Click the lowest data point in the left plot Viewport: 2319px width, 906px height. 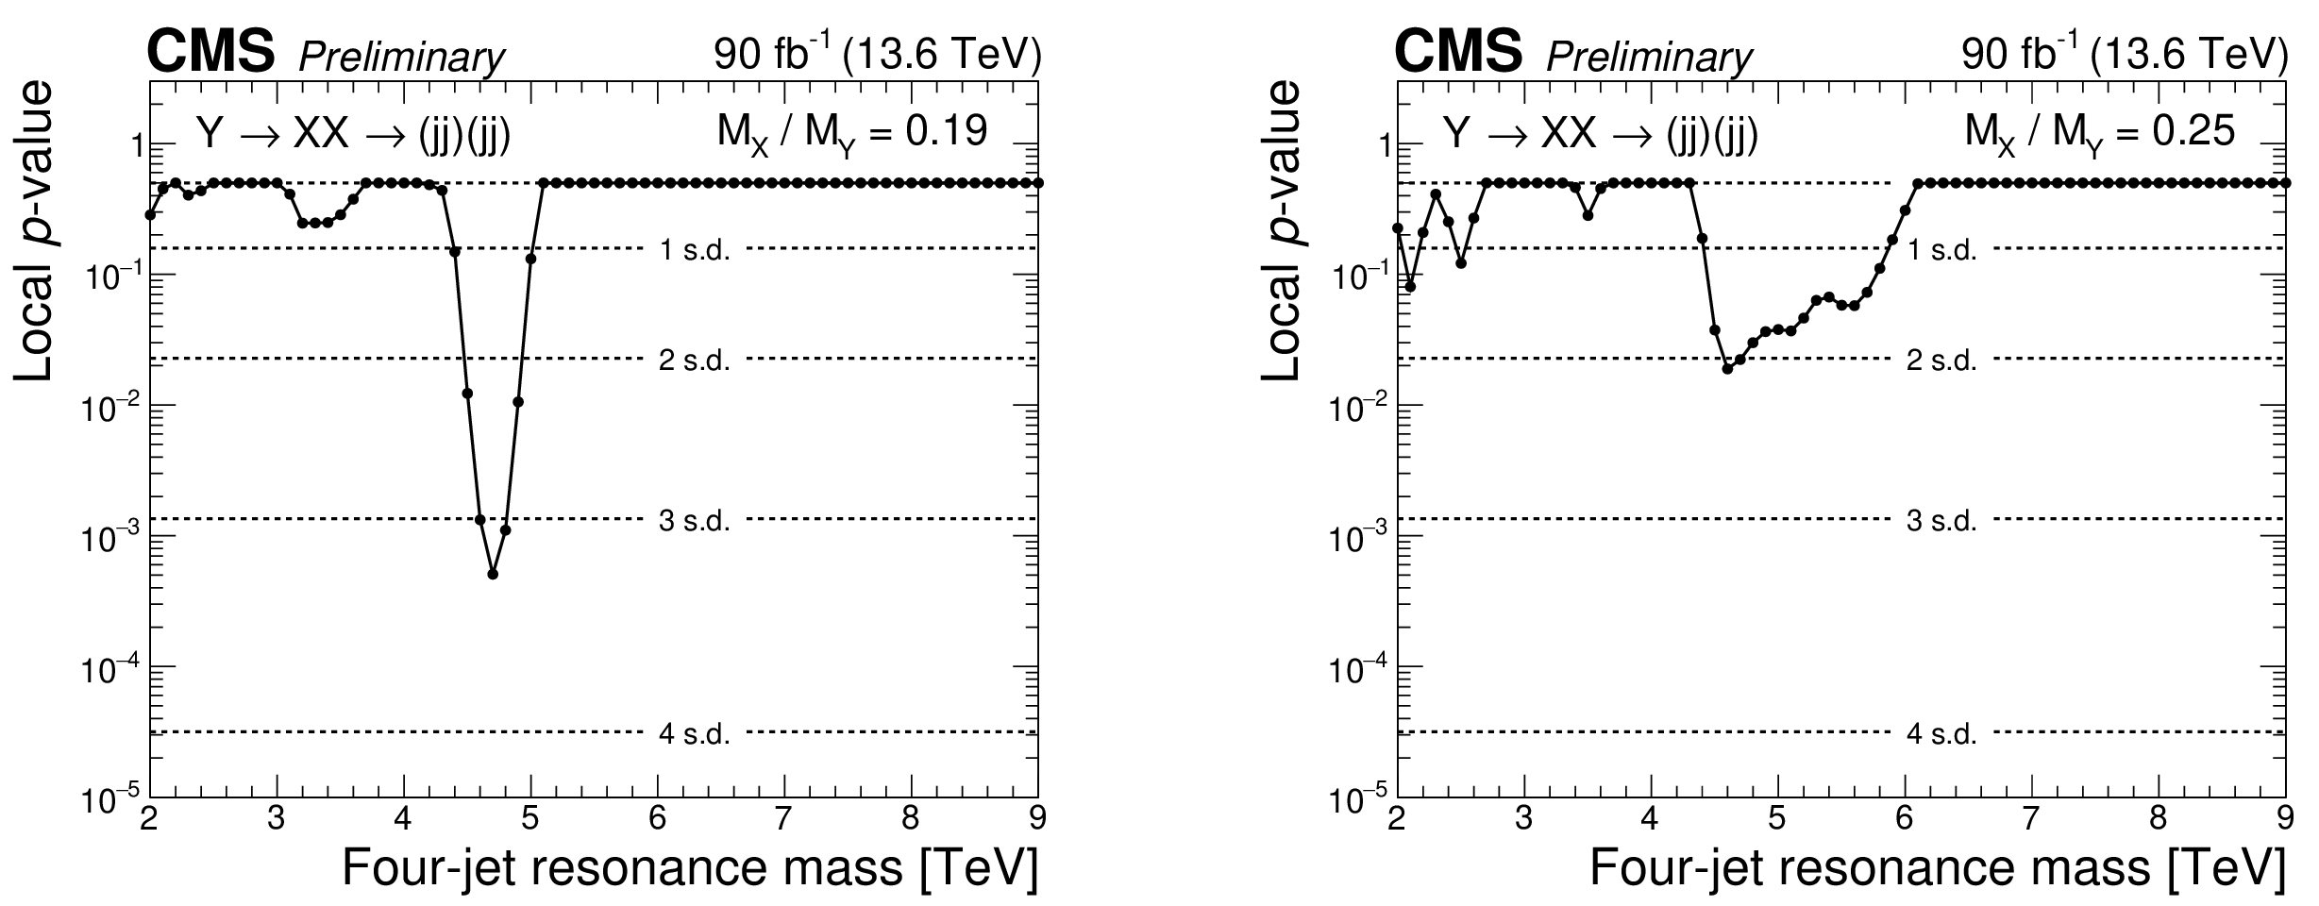493,574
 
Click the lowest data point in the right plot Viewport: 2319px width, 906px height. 1727,369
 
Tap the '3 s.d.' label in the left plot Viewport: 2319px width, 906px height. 695,520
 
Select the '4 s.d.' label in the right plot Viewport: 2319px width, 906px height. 1941,733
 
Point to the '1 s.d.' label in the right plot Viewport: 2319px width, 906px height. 1941,250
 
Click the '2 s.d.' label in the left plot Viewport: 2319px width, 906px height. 695,361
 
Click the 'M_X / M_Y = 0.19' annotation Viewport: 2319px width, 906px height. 852,133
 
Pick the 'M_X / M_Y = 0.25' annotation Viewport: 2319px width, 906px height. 2099,133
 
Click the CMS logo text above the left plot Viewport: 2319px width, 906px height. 210,52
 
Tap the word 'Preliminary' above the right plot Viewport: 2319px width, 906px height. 1648,59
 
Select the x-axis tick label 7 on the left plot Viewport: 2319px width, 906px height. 784,817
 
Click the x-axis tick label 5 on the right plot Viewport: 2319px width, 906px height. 1777,817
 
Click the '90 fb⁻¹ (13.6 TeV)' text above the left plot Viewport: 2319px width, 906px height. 877,56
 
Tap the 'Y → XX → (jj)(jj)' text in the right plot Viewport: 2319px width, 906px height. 1601,135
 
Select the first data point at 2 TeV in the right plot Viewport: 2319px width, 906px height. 1398,227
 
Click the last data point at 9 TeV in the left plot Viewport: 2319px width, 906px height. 1038,183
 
